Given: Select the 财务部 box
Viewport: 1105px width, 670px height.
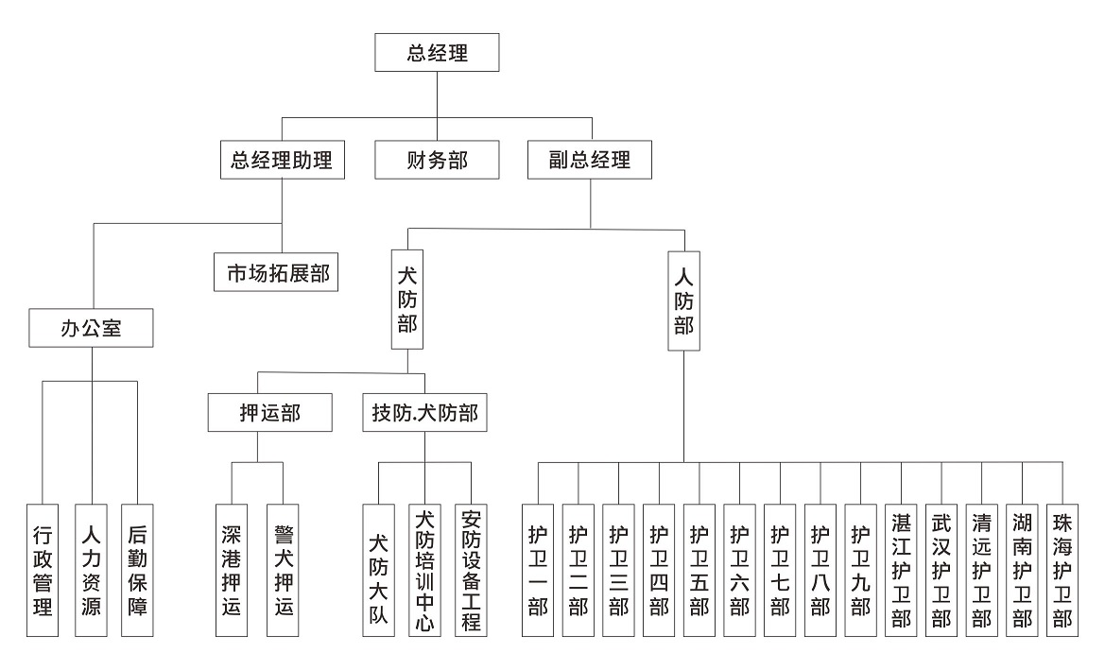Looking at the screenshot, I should pos(436,160).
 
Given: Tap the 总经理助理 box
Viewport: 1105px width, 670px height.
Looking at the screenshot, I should pos(282,160).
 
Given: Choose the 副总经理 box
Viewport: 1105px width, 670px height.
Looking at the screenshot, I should pos(592,160).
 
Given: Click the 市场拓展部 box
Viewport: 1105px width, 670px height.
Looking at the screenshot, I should pos(275,272).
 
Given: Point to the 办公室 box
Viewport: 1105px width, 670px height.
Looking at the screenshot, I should pos(91,330).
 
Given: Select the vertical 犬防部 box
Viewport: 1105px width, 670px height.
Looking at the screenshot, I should pos(407,300).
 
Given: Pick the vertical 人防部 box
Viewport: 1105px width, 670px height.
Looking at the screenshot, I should pos(683,301).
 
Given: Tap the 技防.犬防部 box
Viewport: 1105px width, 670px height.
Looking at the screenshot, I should pos(424,413).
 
